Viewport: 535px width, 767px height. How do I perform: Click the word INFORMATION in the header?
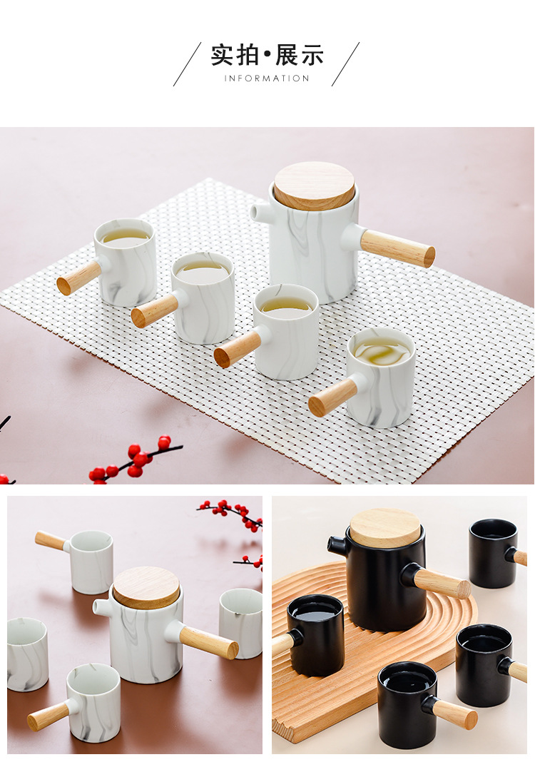(x=267, y=78)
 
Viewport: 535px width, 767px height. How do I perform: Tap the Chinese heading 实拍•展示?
(x=267, y=55)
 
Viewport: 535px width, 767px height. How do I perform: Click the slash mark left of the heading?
(x=187, y=64)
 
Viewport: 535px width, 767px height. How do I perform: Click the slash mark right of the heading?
(x=345, y=64)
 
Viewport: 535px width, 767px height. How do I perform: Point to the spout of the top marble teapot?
(x=260, y=212)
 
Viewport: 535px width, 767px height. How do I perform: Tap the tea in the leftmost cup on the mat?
(x=125, y=238)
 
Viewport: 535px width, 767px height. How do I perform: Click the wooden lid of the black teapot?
(x=385, y=528)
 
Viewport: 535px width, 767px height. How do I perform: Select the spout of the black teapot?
(x=337, y=546)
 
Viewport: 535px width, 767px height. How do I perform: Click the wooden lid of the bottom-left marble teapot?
(x=146, y=587)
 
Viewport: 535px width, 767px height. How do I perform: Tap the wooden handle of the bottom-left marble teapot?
(x=208, y=641)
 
